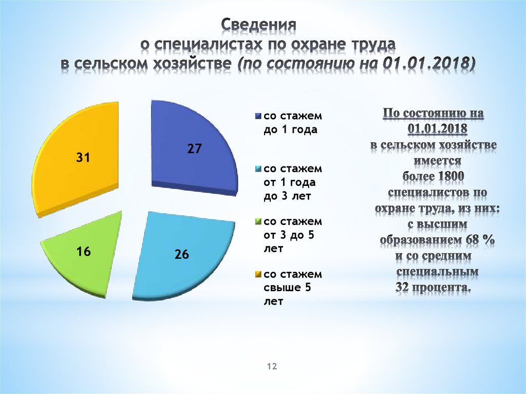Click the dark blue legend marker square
point(259,115)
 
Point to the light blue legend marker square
point(259,168)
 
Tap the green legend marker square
point(259,222)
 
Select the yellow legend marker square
point(259,275)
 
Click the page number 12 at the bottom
point(272,366)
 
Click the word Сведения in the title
point(259,25)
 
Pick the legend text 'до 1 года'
point(290,129)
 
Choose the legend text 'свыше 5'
point(287,288)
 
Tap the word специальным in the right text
point(438,271)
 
